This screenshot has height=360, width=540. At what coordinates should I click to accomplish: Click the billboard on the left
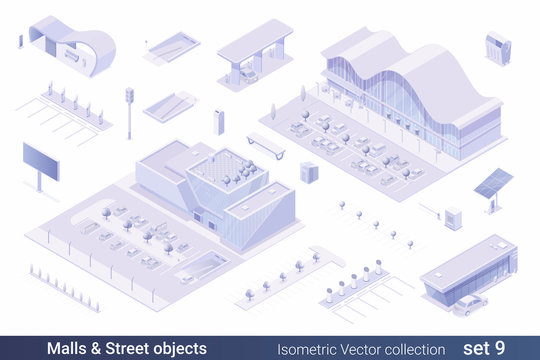[41, 160]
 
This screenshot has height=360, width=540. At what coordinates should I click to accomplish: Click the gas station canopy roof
[255, 38]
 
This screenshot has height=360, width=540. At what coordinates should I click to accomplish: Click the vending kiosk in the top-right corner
[497, 47]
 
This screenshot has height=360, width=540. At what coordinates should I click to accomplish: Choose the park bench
[266, 144]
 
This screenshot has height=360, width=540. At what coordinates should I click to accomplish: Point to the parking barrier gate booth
[453, 218]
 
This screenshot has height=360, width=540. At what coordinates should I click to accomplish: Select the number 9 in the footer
[517, 348]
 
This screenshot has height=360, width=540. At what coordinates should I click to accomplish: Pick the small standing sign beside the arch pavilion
[21, 41]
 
